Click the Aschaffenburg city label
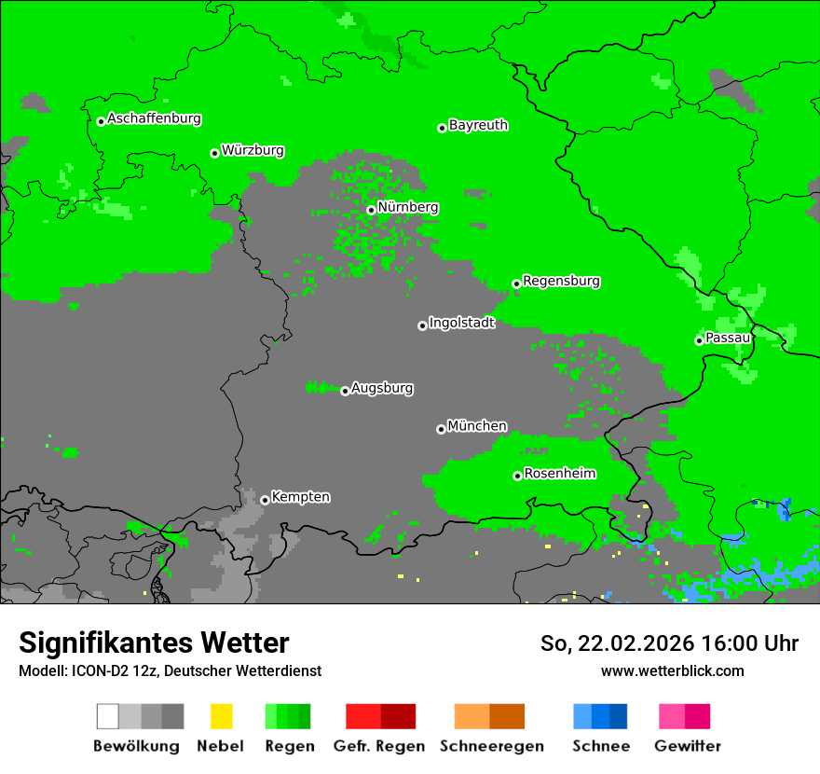[154, 118]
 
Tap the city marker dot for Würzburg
[214, 153]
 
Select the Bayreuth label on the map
[478, 125]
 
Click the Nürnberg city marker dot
[371, 210]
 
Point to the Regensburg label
[561, 281]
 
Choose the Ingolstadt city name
[461, 323]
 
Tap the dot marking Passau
[699, 340]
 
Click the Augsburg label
[382, 388]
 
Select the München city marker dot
[441, 429]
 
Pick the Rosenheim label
[560, 473]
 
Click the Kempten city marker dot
[265, 500]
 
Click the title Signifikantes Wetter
[154, 643]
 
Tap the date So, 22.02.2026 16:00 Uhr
[669, 643]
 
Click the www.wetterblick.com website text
[672, 670]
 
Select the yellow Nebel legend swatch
[221, 716]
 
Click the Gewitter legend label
[688, 746]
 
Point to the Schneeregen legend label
[490, 746]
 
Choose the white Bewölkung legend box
[107, 716]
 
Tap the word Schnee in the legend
[601, 746]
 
